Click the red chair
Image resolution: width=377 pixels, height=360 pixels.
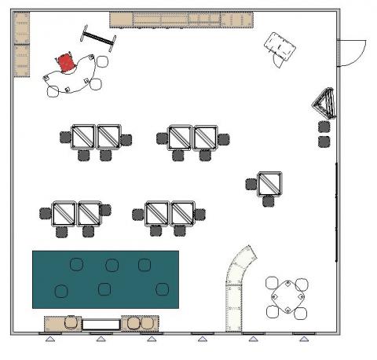pyautogui.click(x=67, y=61)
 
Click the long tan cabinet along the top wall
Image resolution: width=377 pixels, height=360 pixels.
pyautogui.click(x=181, y=20)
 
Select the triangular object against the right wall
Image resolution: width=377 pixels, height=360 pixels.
pyautogui.click(x=325, y=103)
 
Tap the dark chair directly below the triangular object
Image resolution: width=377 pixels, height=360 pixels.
pyautogui.click(x=324, y=127)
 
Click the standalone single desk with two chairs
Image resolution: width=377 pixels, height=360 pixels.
pyautogui.click(x=270, y=183)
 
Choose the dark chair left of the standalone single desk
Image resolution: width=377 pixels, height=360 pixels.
pyautogui.click(x=251, y=184)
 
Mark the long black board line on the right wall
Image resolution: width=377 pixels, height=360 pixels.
pyautogui.click(x=337, y=212)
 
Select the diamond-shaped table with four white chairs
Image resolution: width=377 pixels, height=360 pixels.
pyautogui.click(x=287, y=296)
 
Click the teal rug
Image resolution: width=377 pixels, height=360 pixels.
pyautogui.click(x=105, y=279)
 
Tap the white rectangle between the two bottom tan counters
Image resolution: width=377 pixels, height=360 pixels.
pyautogui.click(x=101, y=323)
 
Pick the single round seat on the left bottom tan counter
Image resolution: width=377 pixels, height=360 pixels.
pyautogui.click(x=71, y=321)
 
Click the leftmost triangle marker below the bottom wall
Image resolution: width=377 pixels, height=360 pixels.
pyautogui.click(x=50, y=340)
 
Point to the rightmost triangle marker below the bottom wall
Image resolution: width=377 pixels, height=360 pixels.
pyautogui.click(x=304, y=340)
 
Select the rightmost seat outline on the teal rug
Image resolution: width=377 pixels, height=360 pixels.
pyautogui.click(x=163, y=288)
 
